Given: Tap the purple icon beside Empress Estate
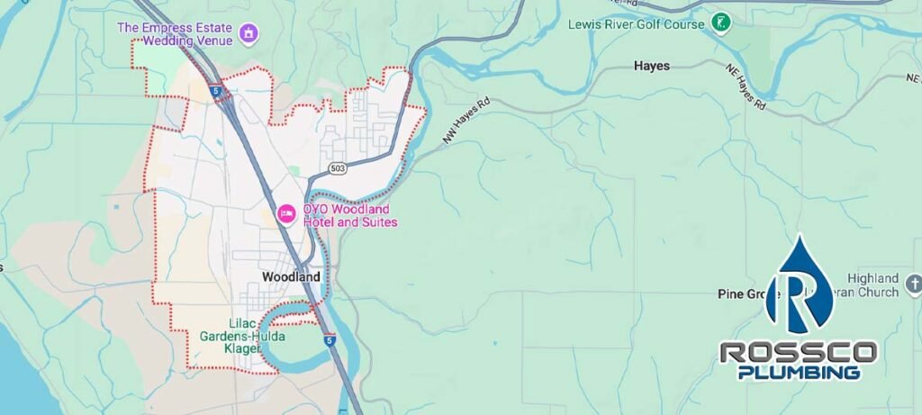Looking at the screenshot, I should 249,35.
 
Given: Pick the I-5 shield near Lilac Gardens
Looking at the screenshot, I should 330,341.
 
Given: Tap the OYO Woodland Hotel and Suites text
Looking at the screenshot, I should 349,214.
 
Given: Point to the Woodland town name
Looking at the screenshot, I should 291,277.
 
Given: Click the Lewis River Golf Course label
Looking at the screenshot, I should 636,23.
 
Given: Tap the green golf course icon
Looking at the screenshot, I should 719,22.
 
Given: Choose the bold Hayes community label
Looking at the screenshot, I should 651,67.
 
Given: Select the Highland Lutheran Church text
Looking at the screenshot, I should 872,285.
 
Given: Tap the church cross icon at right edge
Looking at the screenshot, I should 913,285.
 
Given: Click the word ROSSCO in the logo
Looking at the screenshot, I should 798,352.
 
